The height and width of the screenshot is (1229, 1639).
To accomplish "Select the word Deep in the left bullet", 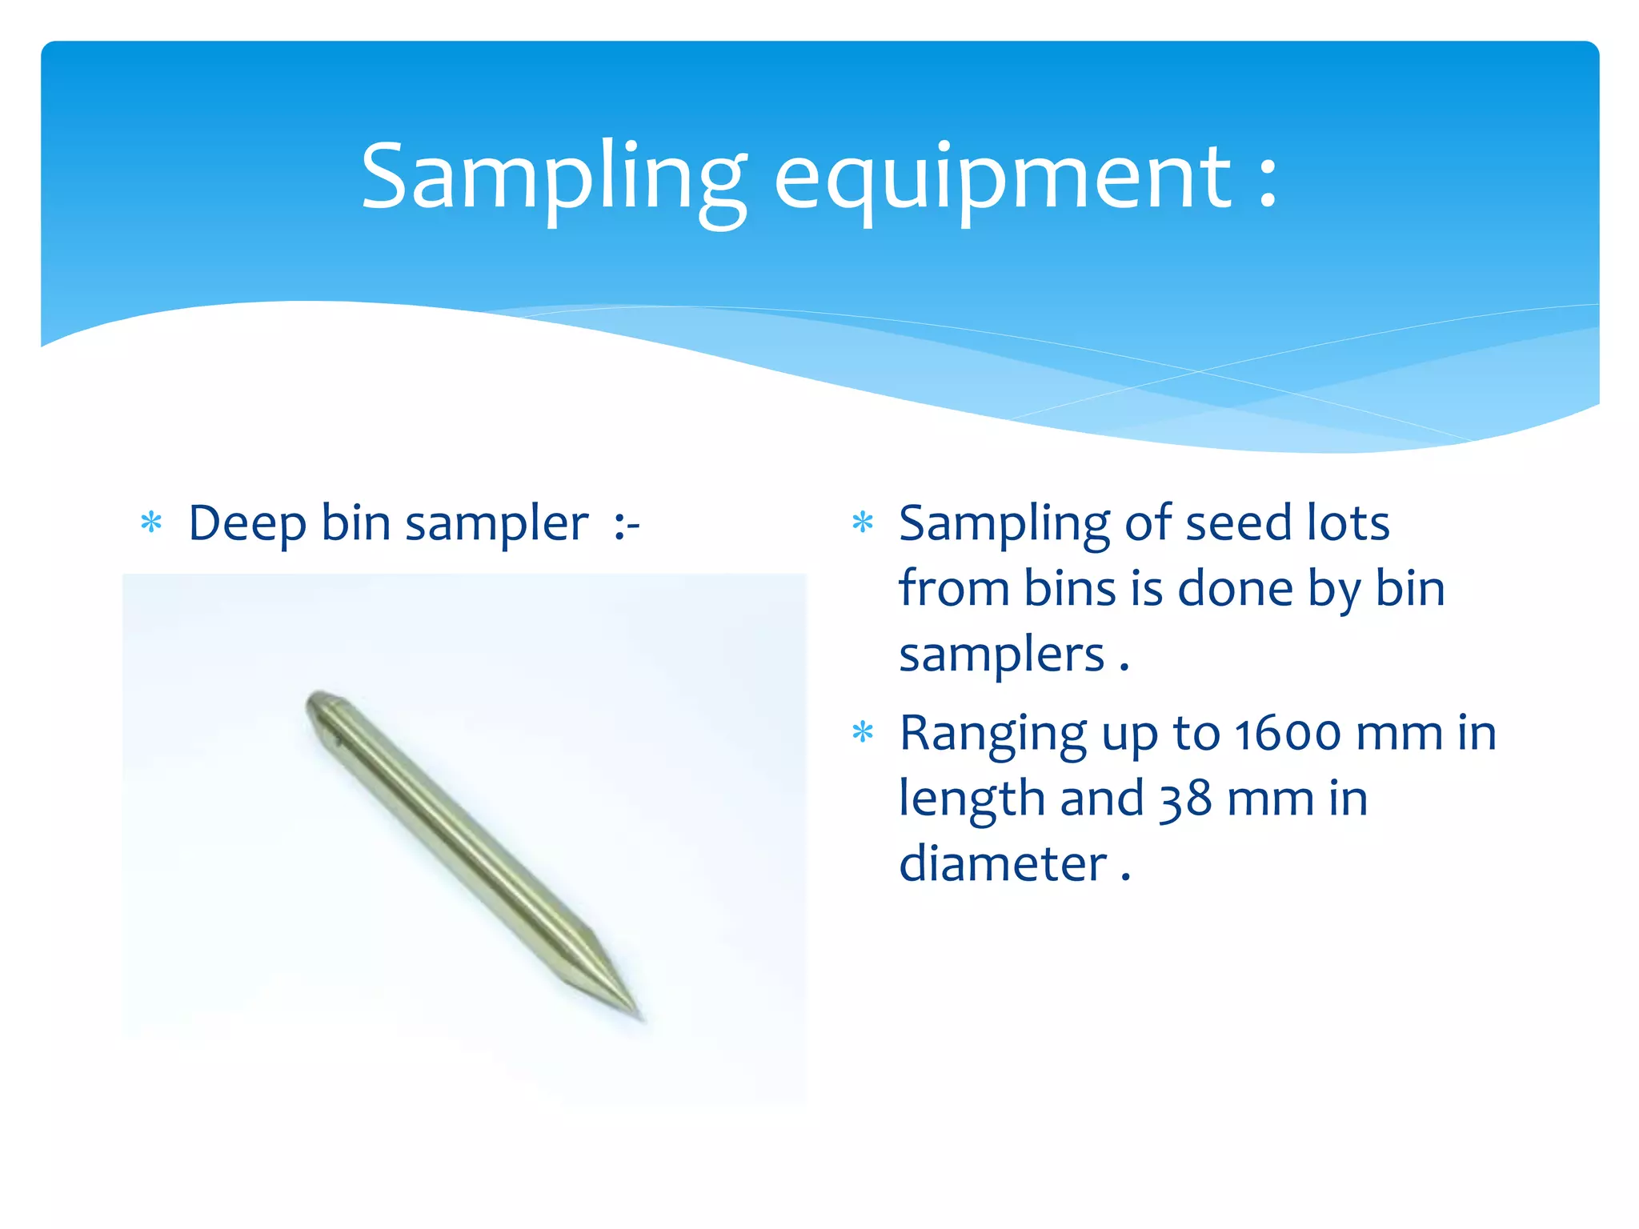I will [x=246, y=525].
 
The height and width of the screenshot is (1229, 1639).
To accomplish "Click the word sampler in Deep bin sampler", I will [x=496, y=525].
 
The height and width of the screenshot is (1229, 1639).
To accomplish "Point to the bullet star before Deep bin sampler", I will [x=151, y=523].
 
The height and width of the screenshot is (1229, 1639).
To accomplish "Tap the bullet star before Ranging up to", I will [x=862, y=732].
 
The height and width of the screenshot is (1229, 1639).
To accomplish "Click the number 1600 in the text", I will [x=1287, y=734].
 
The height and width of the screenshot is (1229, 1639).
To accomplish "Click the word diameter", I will [x=1002, y=864].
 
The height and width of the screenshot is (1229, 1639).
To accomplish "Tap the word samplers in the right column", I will [x=1001, y=655].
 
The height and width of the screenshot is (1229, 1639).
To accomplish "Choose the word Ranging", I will [x=992, y=734].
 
